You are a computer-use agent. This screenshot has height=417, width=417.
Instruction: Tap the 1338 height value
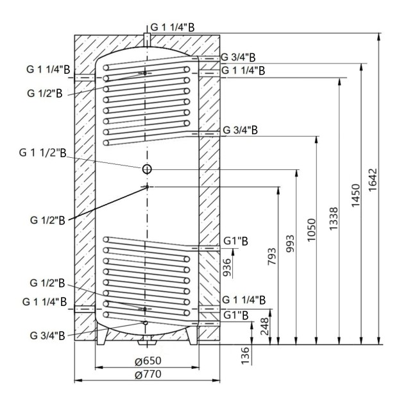click(x=335, y=223)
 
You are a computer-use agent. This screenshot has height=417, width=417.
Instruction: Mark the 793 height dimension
click(x=274, y=259)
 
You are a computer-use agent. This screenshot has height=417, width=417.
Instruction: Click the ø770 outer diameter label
click(x=147, y=375)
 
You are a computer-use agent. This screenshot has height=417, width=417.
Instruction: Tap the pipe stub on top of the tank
click(x=146, y=39)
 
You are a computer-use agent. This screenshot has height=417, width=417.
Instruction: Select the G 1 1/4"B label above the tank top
click(x=173, y=28)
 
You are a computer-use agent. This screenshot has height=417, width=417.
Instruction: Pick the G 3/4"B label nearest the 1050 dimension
click(x=240, y=130)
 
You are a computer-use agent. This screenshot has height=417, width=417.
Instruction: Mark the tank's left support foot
click(x=101, y=334)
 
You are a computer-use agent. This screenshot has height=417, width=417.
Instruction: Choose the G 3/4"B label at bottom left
click(x=47, y=335)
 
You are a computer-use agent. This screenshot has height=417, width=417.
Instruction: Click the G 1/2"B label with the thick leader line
click(x=47, y=221)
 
